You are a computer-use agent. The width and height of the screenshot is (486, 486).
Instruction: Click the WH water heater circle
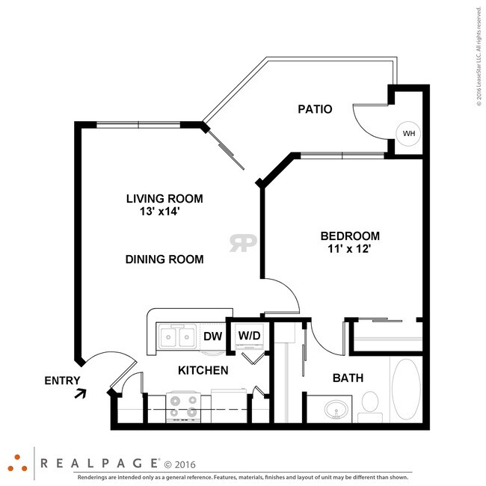coord(409,134)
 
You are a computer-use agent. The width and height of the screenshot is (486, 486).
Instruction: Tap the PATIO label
coord(315,109)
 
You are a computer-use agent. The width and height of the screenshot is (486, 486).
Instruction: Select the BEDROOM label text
coord(350,236)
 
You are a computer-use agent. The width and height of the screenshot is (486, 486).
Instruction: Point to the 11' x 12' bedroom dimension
coord(349,248)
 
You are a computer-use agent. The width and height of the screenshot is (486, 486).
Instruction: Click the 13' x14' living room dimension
coord(159,212)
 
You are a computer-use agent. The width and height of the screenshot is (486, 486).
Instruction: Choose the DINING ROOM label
coord(164,259)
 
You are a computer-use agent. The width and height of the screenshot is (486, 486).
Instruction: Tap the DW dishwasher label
coord(213,336)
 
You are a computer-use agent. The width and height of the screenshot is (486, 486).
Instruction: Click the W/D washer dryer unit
coord(250,336)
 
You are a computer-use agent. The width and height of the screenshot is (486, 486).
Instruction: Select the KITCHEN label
coord(203,370)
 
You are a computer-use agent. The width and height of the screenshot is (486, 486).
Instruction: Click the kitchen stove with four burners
coord(183,407)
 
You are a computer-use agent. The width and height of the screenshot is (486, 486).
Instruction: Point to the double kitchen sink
coord(178,336)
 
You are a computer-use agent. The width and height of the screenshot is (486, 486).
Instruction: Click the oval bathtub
coord(406,390)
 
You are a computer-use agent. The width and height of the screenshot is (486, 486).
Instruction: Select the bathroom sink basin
coord(336,409)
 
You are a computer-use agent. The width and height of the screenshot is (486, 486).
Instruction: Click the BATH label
coord(348,378)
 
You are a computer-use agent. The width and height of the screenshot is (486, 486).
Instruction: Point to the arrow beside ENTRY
coord(80,393)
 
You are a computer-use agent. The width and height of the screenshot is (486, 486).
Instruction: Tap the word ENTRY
coord(62,381)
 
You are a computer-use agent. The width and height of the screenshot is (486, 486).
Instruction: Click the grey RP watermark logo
coord(243,243)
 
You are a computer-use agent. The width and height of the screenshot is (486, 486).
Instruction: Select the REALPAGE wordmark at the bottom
coord(99,464)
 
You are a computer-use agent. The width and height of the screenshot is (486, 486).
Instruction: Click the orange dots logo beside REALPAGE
coord(17,464)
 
